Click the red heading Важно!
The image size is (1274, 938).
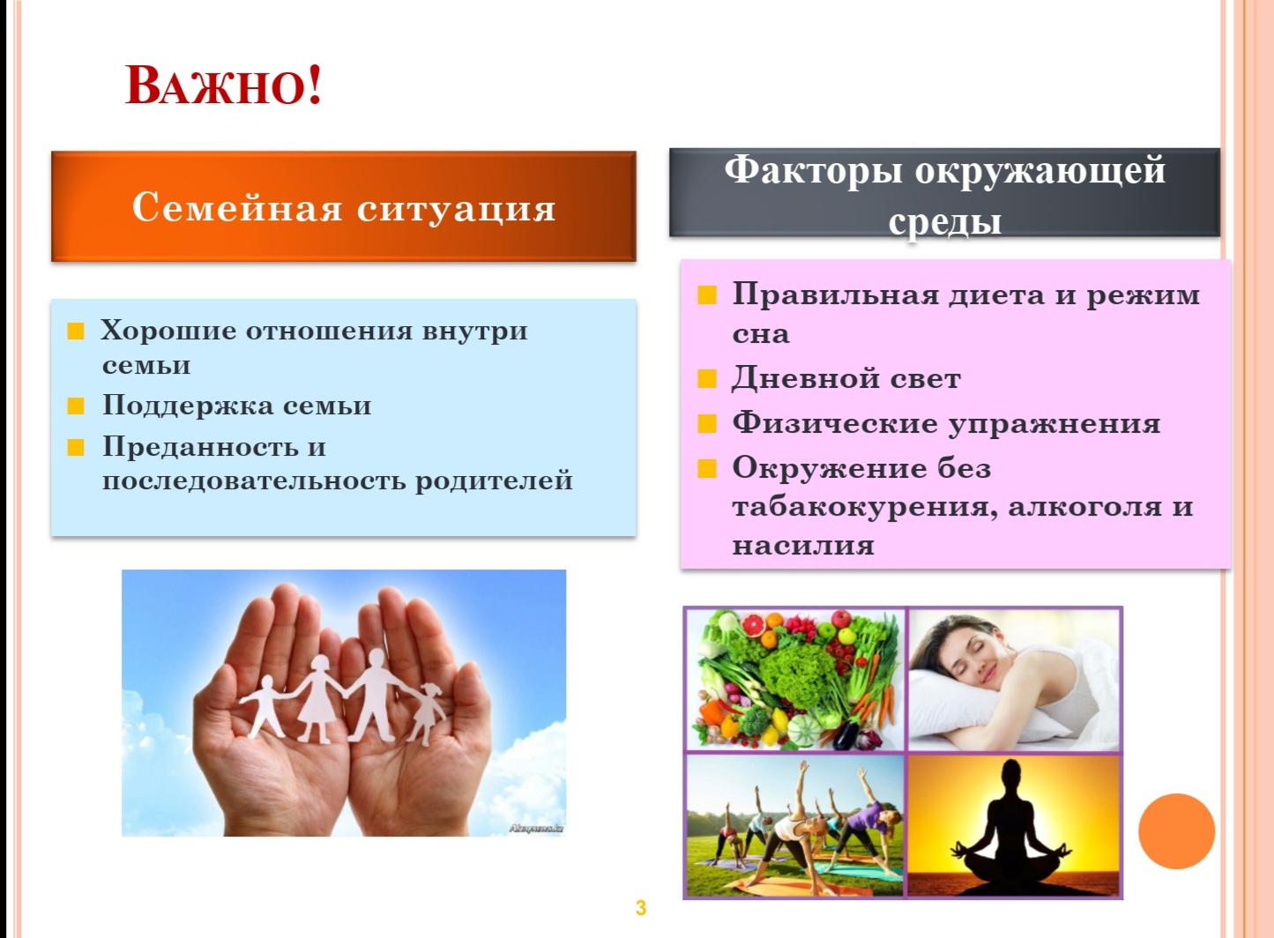223,86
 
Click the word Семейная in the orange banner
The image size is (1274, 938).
237,207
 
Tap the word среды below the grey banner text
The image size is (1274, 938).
944,223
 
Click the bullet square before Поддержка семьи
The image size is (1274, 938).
75,406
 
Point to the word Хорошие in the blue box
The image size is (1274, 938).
168,331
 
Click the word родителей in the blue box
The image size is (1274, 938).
493,481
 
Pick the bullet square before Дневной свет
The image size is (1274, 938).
706,379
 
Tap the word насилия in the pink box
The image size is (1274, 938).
803,546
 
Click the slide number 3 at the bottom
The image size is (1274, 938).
640,908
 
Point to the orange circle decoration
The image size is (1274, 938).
1176,831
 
